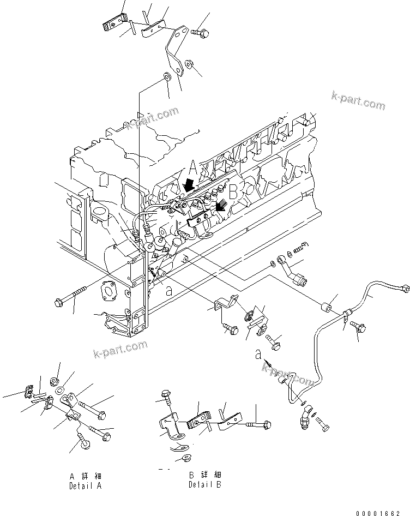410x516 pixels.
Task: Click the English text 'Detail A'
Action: click(x=85, y=485)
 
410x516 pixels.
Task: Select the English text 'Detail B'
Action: click(x=205, y=484)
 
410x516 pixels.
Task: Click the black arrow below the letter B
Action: click(x=221, y=206)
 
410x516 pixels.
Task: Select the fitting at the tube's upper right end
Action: click(x=403, y=288)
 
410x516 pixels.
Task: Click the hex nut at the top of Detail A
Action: click(x=56, y=380)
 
